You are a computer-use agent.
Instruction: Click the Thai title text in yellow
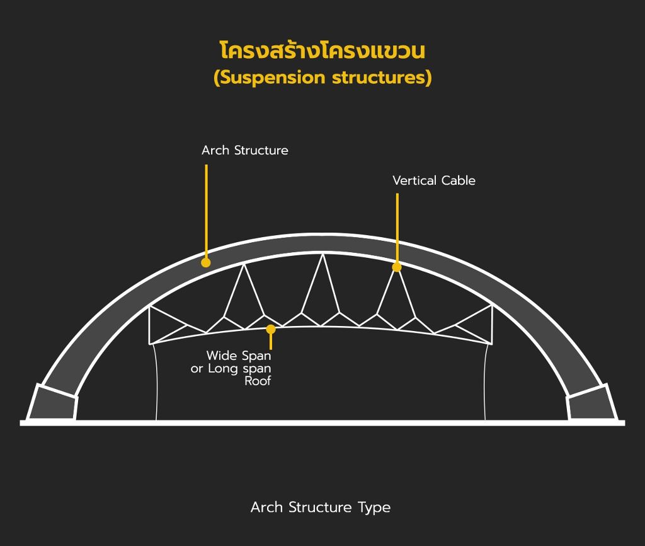coord(322,50)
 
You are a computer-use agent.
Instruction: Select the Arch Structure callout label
coord(245,150)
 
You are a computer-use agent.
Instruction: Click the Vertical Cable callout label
coord(434,180)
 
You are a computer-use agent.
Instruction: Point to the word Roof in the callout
coord(258,381)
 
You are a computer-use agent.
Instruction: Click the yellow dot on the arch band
coord(206,262)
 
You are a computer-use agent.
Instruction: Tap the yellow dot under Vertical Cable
coord(397,267)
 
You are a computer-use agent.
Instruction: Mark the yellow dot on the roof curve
coord(271,329)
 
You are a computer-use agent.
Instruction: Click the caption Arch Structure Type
coord(321,508)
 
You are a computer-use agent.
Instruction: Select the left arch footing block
coord(52,402)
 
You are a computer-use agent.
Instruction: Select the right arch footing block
coord(591,402)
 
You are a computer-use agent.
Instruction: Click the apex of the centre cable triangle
coord(323,254)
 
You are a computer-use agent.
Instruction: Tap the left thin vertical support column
coord(156,381)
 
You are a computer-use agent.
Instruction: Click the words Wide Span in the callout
coord(239,356)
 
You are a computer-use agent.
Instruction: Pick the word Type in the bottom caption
coord(374,508)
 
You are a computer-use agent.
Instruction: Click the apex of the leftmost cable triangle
coord(244,264)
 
